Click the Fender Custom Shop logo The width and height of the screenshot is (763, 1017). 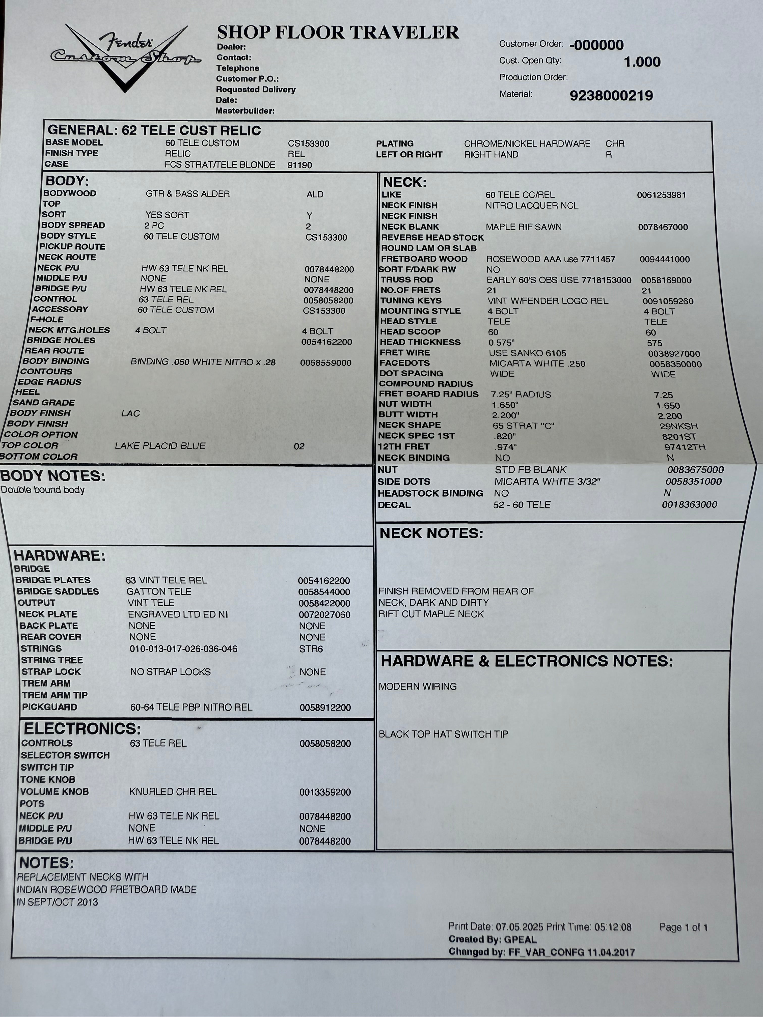coord(125,56)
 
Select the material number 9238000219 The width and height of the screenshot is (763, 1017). coord(611,96)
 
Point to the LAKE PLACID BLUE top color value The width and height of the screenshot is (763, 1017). coord(160,445)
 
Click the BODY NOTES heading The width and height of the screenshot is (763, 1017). coord(53,476)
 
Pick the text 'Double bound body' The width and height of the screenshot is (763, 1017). coord(43,490)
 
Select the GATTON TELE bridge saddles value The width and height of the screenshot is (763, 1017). coord(159,592)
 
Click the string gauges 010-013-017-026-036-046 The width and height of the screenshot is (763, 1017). coord(183,649)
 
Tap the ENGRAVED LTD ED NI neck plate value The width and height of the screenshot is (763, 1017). coord(178,614)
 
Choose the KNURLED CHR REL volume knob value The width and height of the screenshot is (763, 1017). coord(173,792)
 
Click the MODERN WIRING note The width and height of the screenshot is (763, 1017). coord(418,686)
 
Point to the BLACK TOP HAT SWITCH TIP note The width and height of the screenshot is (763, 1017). coord(443,734)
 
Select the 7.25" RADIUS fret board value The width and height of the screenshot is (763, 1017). coord(521,394)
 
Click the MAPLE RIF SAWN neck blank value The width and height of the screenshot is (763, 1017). coord(523,227)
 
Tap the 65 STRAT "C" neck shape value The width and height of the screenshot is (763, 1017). coord(523,426)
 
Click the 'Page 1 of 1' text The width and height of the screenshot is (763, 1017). coord(683,927)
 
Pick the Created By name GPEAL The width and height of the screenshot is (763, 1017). coord(520,940)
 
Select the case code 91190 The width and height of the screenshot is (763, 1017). coord(299,165)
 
